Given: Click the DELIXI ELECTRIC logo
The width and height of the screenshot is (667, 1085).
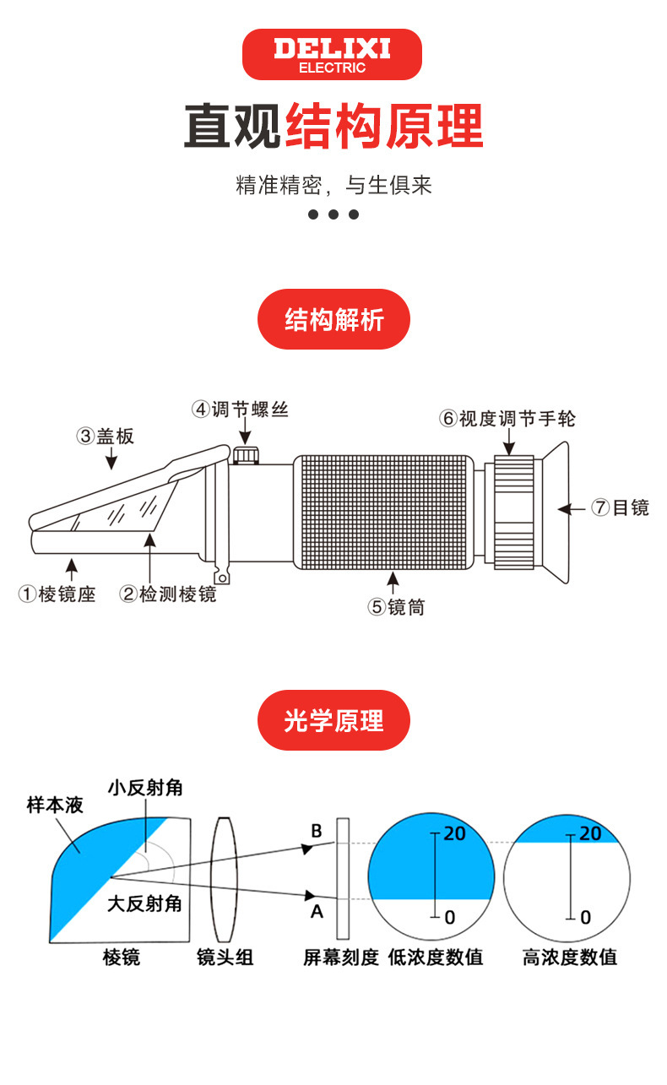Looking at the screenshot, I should click(x=332, y=55).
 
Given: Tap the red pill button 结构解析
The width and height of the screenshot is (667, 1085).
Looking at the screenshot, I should click(x=333, y=320).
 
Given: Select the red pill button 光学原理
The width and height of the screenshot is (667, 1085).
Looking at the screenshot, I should click(x=333, y=720).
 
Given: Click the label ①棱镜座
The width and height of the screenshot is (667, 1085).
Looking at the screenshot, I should click(x=57, y=594).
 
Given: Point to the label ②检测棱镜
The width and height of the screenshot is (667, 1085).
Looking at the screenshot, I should click(x=168, y=594).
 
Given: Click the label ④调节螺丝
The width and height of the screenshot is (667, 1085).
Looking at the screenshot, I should click(x=241, y=410).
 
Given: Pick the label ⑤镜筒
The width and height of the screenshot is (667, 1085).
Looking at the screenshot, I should click(x=396, y=606).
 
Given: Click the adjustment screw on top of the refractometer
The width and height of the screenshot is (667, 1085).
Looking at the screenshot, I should click(x=246, y=456).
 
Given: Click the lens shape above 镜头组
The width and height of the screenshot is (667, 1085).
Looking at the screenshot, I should click(x=225, y=878).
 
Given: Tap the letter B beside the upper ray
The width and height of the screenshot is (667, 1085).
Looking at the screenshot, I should click(x=317, y=831).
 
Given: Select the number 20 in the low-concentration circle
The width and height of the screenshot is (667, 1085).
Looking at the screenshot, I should click(x=454, y=833).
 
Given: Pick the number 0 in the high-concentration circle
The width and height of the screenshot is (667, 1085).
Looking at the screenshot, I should click(x=586, y=917).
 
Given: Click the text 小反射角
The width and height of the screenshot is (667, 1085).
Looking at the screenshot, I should click(x=145, y=788).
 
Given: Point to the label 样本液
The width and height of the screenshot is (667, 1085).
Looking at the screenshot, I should click(x=55, y=806).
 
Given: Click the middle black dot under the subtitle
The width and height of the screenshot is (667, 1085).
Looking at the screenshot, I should click(x=333, y=214).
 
